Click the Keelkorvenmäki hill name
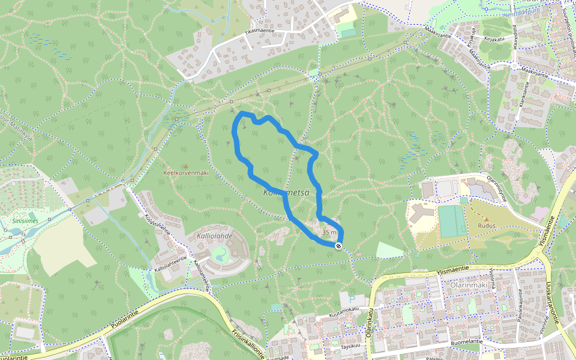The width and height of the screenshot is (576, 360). point(185,173)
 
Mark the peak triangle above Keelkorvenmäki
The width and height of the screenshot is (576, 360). point(185,166)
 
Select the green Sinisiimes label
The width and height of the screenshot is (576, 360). point(25,220)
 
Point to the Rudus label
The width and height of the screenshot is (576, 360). point(486,226)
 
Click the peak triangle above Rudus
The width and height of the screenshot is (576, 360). point(486,219)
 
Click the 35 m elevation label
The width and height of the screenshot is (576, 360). point(329,232)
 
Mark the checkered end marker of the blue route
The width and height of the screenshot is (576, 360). point(339,246)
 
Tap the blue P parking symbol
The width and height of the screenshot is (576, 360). point(352,298)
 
